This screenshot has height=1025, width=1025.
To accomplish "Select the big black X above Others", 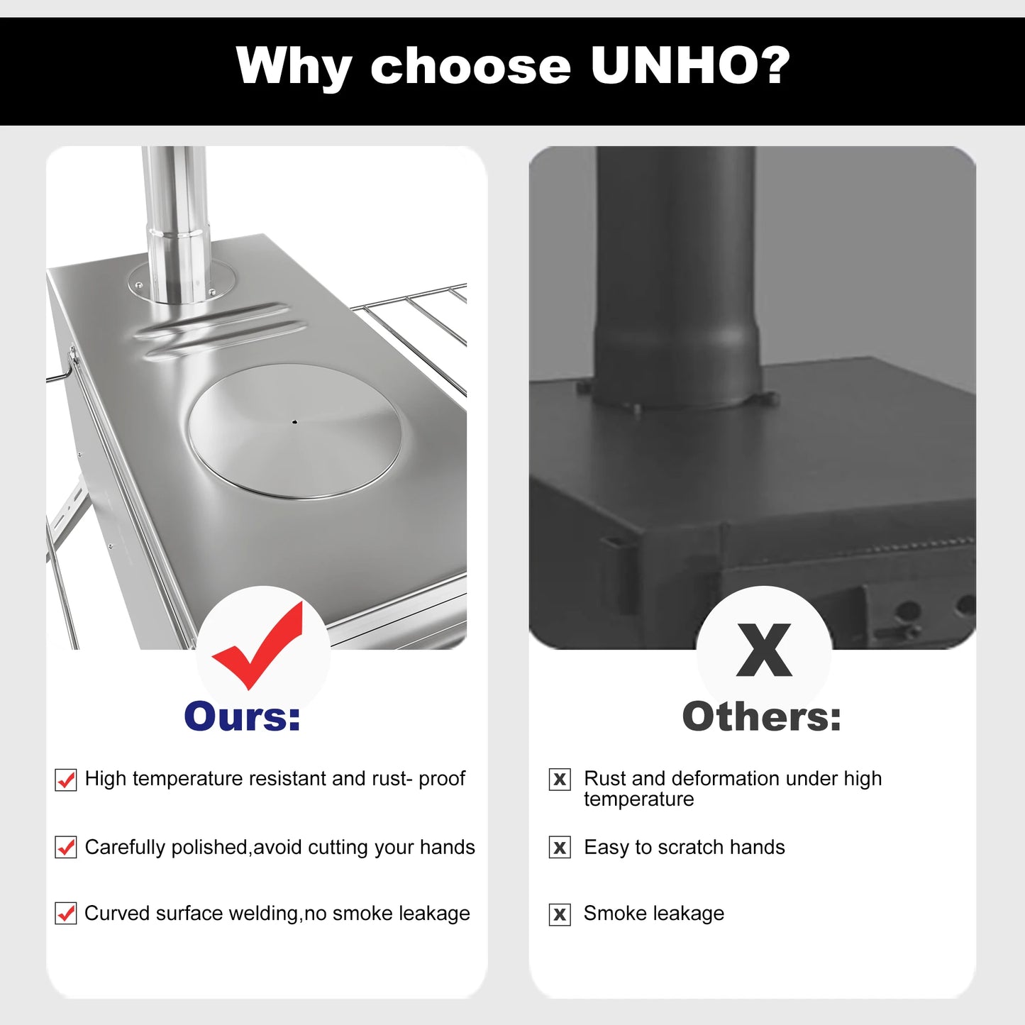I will pos(764,650).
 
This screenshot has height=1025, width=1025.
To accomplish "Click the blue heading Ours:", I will pos(243,716).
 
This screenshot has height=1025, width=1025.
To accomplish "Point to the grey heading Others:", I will pos(762,716).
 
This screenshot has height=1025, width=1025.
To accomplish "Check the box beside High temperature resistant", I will pos(66,780).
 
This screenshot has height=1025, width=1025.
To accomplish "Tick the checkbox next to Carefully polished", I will pos(66,847).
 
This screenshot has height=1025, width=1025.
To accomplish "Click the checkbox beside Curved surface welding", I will pos(66,914).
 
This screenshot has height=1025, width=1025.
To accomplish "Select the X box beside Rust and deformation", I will pos(560,780).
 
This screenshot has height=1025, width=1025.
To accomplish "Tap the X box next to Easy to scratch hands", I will pos(560,847).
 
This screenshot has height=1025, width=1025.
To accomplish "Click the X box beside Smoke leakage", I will pos(560,914).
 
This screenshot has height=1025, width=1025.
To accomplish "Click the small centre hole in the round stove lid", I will pos(294,422).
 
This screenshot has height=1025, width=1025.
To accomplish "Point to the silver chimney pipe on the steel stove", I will pos(175,220).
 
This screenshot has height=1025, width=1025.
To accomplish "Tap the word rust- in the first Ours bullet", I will pos(392,778).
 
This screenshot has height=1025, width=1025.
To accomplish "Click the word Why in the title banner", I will pos(294,66).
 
